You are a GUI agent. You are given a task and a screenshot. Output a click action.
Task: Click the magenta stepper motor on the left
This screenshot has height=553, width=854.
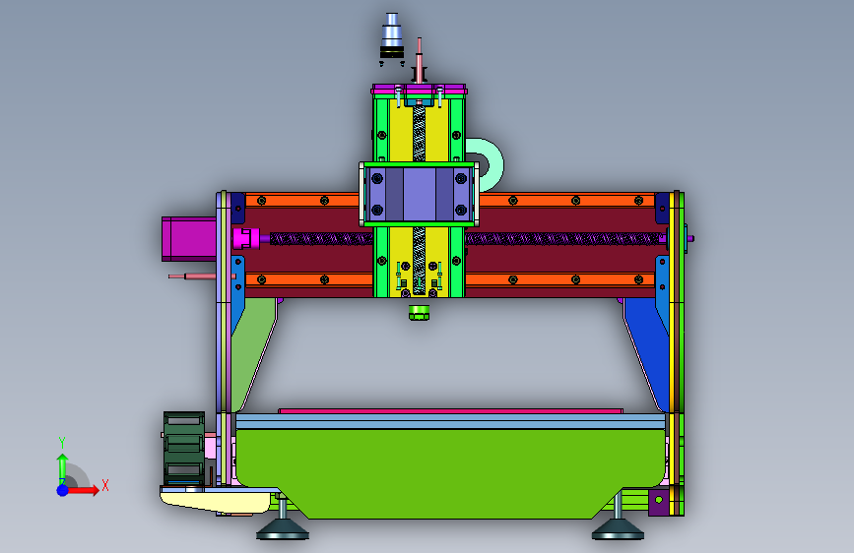(x=189, y=239)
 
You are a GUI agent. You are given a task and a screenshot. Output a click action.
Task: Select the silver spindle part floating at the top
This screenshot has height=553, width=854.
(x=392, y=34)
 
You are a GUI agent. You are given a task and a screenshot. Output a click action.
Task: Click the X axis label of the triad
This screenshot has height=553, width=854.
(x=105, y=485)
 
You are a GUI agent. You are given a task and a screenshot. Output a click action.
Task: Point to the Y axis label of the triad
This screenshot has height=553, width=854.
(x=62, y=442)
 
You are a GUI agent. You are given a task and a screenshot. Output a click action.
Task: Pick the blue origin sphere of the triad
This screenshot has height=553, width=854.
(x=63, y=490)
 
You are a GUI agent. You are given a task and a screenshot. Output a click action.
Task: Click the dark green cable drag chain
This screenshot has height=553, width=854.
(x=184, y=448)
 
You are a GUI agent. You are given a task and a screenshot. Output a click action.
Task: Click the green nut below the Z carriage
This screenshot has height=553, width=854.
(x=419, y=313)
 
